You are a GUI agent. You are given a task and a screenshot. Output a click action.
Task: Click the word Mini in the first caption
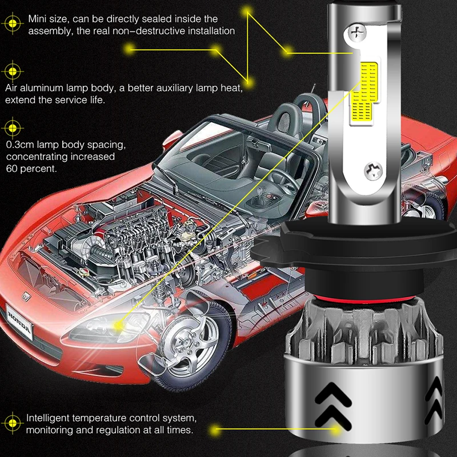[x=38, y=19]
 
